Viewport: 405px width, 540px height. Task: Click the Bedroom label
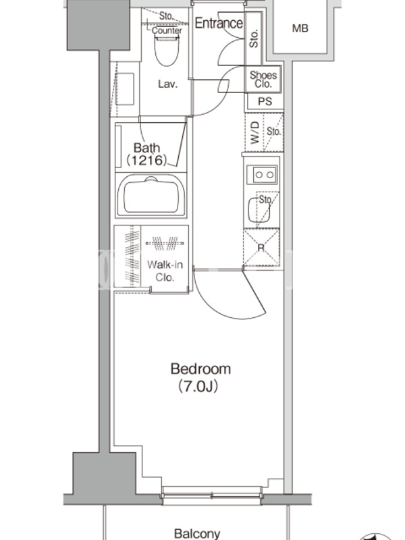point(200,369)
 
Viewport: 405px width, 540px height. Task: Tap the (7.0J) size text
point(198,387)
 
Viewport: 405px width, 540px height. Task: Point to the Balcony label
point(197,533)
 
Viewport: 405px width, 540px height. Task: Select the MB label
point(300,28)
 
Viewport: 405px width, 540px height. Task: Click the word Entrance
point(219,23)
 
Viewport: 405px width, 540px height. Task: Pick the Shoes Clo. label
point(263,80)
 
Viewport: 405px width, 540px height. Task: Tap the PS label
point(265,101)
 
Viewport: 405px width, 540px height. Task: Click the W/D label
point(255,132)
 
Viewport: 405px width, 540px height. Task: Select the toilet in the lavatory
point(167,51)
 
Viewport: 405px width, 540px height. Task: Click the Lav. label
point(167,84)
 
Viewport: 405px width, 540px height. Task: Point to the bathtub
point(151,195)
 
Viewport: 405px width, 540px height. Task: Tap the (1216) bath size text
point(147,160)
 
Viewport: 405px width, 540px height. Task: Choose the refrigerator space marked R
point(261,247)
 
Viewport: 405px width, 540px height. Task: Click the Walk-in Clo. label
point(165,271)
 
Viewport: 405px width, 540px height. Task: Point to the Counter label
point(167,30)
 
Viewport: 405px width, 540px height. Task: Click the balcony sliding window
point(212,495)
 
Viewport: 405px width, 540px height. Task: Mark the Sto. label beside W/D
point(274,131)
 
